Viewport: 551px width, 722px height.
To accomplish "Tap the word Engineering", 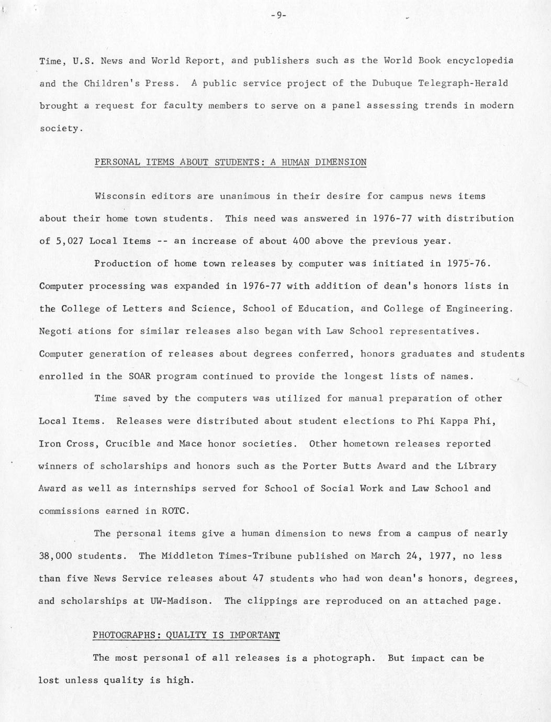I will tap(477, 308).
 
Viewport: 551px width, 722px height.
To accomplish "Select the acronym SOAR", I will tap(140, 376).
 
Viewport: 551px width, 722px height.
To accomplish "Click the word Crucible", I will tap(128, 443).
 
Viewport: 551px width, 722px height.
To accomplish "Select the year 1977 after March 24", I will tap(440, 556).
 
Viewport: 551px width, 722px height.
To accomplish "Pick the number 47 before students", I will tap(258, 579).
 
